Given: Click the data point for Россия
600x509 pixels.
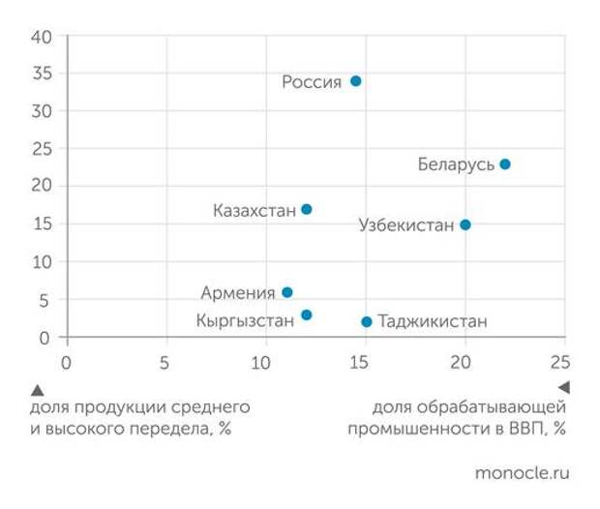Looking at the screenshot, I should point(355,81).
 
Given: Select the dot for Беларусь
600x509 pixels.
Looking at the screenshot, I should point(504,165).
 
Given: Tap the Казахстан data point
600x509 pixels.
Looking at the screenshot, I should point(307,209).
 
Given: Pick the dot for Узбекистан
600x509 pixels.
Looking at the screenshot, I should point(465,225).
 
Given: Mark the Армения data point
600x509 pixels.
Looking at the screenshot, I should point(286,291).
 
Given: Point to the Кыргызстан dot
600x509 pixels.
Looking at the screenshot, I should point(307,314).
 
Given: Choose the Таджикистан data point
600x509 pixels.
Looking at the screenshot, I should point(366,321).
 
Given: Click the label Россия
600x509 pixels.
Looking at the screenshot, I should point(312,82).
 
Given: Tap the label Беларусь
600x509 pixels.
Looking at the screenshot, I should point(456,165).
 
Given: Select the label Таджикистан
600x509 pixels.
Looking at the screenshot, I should point(432,322).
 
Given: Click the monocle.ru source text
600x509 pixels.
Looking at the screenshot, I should point(523,473).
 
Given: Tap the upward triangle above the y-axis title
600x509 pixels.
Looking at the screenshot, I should point(38,390).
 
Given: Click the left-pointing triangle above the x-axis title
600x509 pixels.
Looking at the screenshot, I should point(563,387).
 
